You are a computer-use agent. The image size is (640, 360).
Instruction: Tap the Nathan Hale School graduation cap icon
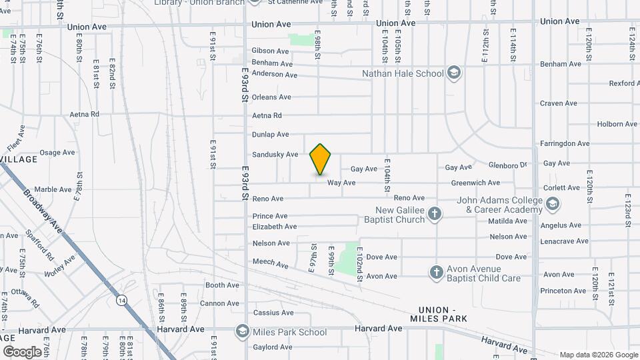[x=454, y=73]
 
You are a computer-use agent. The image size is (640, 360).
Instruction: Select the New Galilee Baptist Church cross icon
[x=435, y=214]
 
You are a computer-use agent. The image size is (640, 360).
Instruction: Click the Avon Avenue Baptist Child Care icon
[x=436, y=272]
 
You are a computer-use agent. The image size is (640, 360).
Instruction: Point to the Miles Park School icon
[x=241, y=331]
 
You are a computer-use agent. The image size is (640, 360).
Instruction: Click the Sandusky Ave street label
[x=275, y=154]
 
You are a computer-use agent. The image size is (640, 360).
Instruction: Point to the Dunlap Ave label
[x=271, y=135]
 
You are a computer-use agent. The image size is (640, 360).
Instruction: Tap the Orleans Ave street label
[x=271, y=96]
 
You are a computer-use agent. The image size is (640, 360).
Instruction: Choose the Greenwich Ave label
[x=475, y=183]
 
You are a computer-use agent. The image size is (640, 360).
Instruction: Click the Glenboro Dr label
[x=507, y=165]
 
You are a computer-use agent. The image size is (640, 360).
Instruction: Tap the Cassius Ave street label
[x=273, y=313]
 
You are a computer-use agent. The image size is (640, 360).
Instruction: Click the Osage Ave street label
[x=57, y=153]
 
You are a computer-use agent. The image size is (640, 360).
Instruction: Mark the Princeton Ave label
[x=563, y=291]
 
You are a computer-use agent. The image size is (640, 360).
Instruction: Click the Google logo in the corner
[x=22, y=352]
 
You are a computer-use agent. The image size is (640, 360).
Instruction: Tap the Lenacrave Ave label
[x=564, y=241]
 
